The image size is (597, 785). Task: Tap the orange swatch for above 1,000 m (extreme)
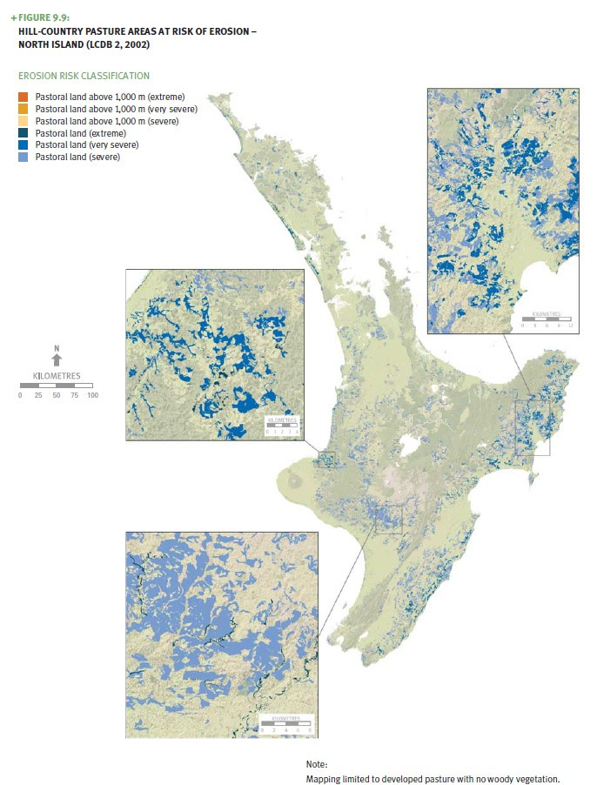pyautogui.click(x=23, y=95)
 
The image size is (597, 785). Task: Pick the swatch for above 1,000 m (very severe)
pyautogui.click(x=23, y=109)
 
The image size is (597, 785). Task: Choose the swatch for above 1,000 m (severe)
pyautogui.click(x=23, y=122)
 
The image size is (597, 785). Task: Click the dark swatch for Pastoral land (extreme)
pyautogui.click(x=23, y=134)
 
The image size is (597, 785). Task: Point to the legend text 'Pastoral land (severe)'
pyautogui.click(x=77, y=158)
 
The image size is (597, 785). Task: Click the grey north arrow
pyautogui.click(x=57, y=359)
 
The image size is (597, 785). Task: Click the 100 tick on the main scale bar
pyautogui.click(x=93, y=395)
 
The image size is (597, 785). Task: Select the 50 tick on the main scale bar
pyautogui.click(x=57, y=395)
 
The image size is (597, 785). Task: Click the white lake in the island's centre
pyautogui.click(x=406, y=451)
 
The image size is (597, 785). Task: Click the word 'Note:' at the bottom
pyautogui.click(x=317, y=763)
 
